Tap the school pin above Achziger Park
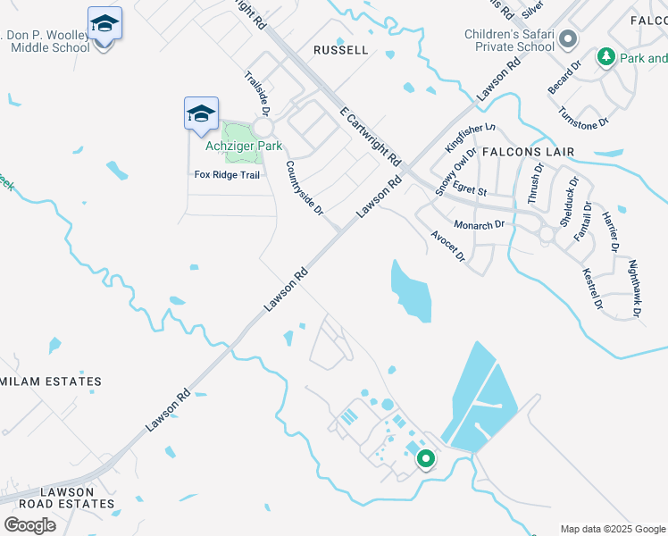(x=201, y=113)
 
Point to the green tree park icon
(x=606, y=58)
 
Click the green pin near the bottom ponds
(x=425, y=459)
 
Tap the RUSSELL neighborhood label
(x=341, y=50)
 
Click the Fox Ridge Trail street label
(x=227, y=175)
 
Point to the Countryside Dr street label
(x=304, y=187)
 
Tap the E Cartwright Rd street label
(x=371, y=135)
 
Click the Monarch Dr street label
(x=480, y=225)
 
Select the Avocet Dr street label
(x=448, y=246)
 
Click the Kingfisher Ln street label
(x=470, y=138)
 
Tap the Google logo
(x=30, y=525)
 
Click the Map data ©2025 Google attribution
(x=612, y=529)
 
